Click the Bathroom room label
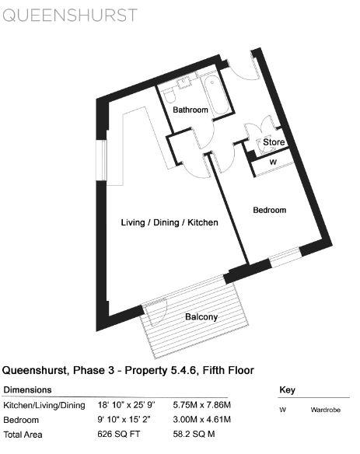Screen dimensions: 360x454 [x=190, y=110]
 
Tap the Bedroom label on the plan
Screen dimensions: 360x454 [x=270, y=210]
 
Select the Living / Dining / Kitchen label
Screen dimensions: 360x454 [x=170, y=222]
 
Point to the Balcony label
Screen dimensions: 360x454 [x=201, y=316]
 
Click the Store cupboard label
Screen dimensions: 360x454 [x=274, y=142]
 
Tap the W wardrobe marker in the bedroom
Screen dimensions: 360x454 [x=273, y=162]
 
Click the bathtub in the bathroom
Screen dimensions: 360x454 [x=216, y=96]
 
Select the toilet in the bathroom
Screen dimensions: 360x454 [x=169, y=95]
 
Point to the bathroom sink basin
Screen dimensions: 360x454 [x=184, y=82]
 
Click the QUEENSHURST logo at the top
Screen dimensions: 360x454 [x=70, y=15]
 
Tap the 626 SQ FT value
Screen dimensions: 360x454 [x=119, y=435]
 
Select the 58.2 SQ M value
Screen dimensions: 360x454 [x=194, y=435]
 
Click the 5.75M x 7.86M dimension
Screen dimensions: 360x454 [x=202, y=405]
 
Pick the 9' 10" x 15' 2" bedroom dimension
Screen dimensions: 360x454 [x=124, y=419]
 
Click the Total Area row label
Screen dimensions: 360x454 [x=23, y=435]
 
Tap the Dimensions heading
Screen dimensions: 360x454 [x=27, y=389]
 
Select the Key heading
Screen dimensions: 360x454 [x=287, y=390]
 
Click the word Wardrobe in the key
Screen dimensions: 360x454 [x=326, y=410]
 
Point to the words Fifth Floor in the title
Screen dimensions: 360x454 [x=229, y=370]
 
